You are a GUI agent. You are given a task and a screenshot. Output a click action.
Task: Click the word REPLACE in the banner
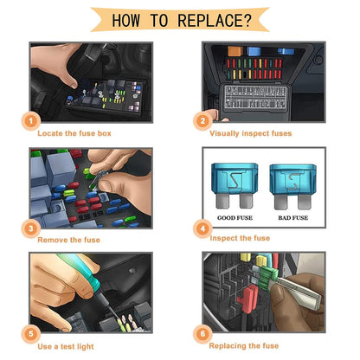(210, 21)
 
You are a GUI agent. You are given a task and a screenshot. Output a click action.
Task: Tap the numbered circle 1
(31, 120)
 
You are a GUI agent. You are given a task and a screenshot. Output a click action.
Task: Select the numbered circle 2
(202, 120)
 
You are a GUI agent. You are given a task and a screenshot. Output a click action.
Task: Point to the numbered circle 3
(31, 228)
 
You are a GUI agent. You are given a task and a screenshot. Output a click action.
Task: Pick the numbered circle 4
(202, 228)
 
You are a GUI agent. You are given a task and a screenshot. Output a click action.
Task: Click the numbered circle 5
(31, 334)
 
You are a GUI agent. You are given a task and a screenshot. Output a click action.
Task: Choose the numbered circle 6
(202, 334)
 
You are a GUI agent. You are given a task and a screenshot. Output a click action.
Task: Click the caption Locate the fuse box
(74, 133)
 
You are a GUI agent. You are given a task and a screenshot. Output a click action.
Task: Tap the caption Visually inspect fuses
(250, 133)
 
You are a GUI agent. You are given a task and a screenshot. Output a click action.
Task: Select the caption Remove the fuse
(68, 240)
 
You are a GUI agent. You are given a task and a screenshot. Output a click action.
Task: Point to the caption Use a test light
(66, 346)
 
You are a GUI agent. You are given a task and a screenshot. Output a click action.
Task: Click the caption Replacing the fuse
(244, 346)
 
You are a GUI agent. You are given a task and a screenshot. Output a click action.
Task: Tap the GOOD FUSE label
(235, 218)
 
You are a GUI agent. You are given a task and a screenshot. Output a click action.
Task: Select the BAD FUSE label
(292, 218)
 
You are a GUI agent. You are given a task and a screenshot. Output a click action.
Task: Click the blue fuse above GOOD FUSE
(235, 186)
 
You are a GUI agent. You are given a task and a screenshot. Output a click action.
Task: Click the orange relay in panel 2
(235, 51)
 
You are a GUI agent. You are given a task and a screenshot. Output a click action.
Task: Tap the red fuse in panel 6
(248, 299)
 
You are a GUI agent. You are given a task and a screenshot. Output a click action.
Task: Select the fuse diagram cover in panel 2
(255, 99)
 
